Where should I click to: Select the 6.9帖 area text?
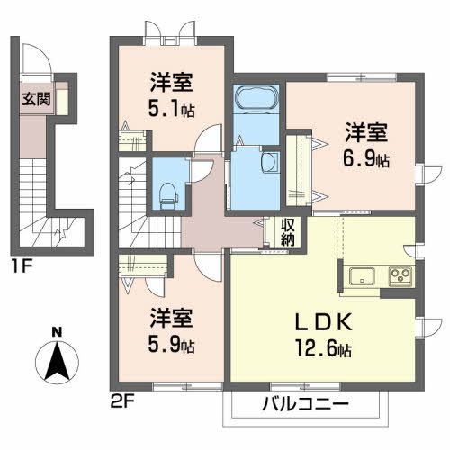pyautogui.click(x=365, y=159)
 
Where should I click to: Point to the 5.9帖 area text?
pyautogui.click(x=171, y=344)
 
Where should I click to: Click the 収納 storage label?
pyautogui.click(x=287, y=232)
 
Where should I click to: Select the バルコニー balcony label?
pyautogui.click(x=306, y=402)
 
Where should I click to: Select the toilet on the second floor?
pyautogui.click(x=165, y=190)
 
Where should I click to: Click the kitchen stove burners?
pyautogui.click(x=398, y=274)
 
